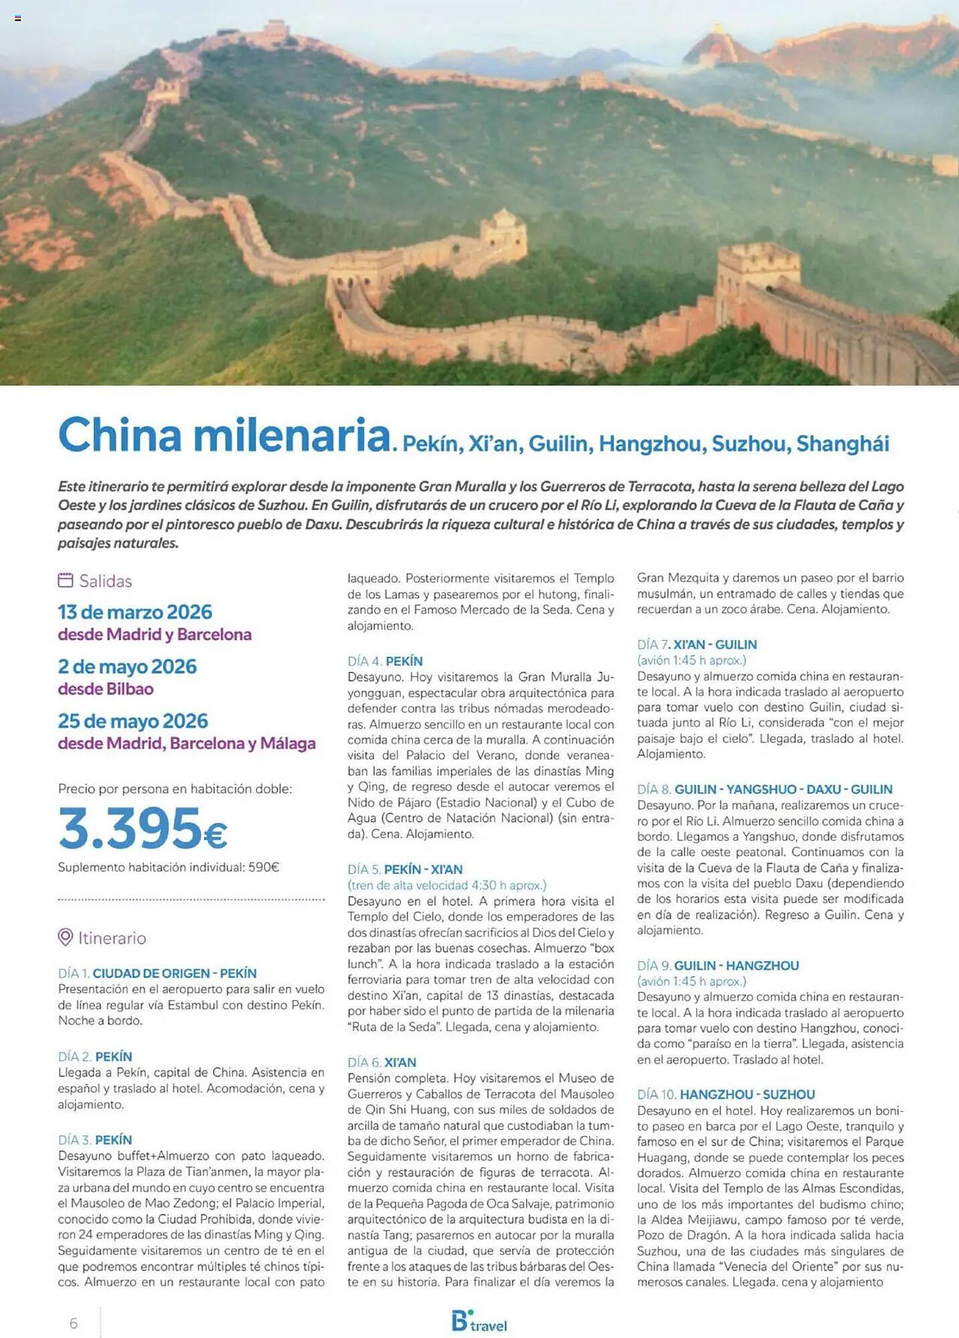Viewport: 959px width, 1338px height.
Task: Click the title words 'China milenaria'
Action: (224, 436)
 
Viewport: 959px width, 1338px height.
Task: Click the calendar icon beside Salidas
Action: (65, 580)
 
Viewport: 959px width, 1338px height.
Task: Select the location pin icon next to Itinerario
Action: (65, 937)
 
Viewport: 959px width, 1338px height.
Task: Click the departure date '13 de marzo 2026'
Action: (135, 611)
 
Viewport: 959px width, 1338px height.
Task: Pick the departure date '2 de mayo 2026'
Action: (127, 666)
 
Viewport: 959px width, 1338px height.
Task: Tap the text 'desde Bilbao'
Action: (106, 688)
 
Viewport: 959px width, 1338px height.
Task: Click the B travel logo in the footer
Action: (479, 1321)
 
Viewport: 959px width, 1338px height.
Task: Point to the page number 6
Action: (74, 1323)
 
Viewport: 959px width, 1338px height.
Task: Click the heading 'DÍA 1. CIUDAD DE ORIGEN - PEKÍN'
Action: (157, 973)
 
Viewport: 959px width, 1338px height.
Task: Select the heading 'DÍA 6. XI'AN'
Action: (381, 1062)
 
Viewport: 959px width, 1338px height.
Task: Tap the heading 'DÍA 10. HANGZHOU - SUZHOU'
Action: (725, 1094)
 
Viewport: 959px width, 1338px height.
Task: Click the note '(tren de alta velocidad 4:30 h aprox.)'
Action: (446, 885)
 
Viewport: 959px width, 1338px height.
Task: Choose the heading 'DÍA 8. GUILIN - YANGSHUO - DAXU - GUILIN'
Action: (764, 789)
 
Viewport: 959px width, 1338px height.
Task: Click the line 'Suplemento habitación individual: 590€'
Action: (168, 867)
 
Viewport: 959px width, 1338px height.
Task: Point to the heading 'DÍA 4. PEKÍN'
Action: (385, 661)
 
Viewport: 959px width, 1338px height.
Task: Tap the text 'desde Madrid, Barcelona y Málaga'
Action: (186, 743)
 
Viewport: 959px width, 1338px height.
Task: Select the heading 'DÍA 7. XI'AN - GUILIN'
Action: (697, 645)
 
